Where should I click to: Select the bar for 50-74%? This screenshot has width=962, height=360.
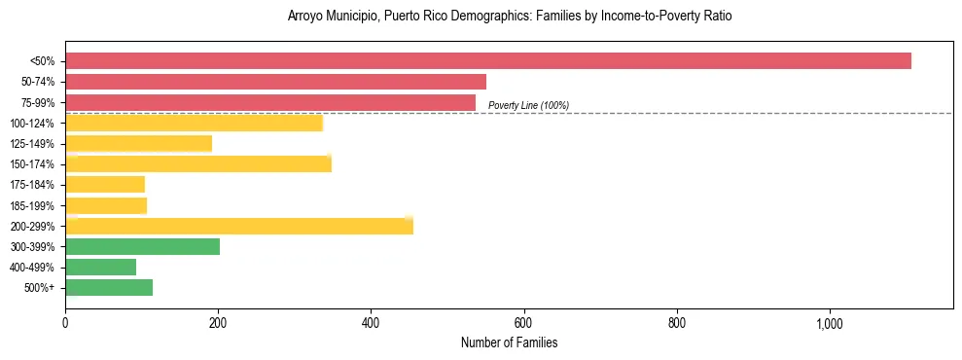coord(275,82)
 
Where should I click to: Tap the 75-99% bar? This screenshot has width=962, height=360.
coord(270,102)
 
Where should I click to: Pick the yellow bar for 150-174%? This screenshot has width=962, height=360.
coord(198,163)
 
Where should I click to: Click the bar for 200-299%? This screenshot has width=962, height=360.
coord(239,226)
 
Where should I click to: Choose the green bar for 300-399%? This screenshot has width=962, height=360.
coord(142,246)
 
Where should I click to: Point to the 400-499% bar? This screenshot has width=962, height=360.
coord(100,267)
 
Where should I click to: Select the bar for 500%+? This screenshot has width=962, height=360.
coord(109,287)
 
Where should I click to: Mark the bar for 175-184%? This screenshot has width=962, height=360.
coord(105,184)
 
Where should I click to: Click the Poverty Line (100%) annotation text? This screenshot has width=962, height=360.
coord(528,105)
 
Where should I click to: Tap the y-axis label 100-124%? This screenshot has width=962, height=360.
coord(32,124)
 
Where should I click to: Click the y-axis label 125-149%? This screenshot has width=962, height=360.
coord(32,144)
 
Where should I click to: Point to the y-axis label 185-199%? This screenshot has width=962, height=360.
coord(32,205)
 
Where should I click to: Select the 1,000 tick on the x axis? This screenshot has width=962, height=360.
coord(830,323)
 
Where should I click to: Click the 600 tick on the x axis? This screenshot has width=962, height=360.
coord(523,323)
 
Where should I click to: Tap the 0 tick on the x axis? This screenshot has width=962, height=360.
coord(65,323)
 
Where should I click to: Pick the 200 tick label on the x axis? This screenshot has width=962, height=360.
coord(218,323)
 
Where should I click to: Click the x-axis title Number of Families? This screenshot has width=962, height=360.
coord(509,342)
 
